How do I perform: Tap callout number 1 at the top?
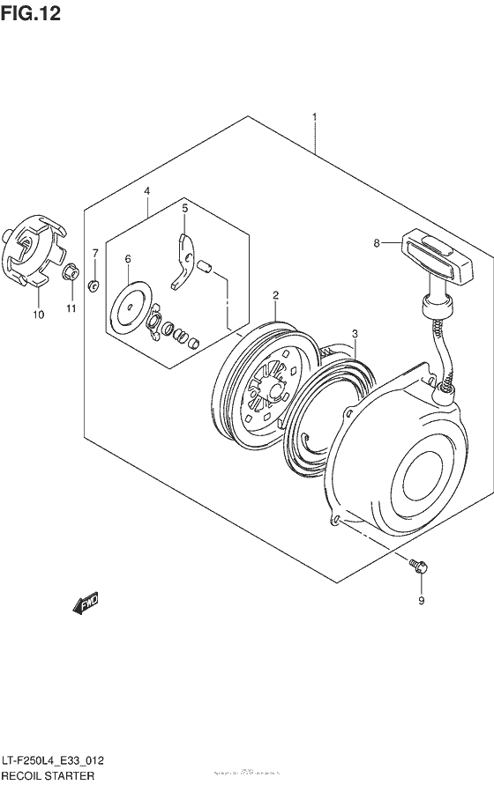point(313,117)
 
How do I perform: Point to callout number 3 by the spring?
point(355,334)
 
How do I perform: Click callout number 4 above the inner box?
point(147,191)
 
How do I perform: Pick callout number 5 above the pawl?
point(185,209)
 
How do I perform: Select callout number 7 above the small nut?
point(95,254)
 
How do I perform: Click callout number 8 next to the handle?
point(376,243)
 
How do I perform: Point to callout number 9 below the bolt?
point(421,601)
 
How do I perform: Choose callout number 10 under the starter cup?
point(38,314)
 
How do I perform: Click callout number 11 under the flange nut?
point(71,308)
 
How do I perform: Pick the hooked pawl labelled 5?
point(183,260)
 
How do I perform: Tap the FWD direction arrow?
point(85,604)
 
